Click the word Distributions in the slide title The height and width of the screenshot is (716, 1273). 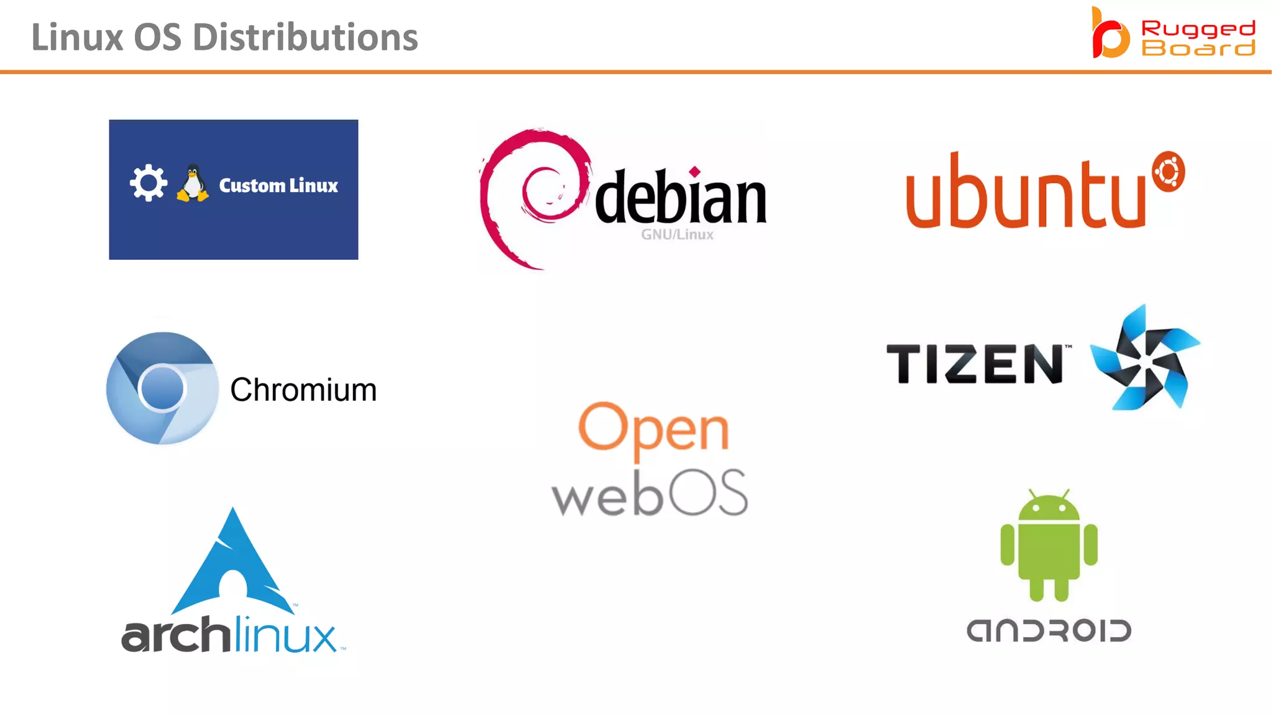(x=305, y=37)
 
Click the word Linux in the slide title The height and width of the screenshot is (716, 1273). (x=77, y=37)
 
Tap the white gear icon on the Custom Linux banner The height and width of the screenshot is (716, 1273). (x=148, y=183)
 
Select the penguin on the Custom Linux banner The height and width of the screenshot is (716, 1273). (x=193, y=183)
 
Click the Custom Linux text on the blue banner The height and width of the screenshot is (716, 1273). (x=278, y=185)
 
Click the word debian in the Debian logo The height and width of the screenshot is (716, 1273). (x=681, y=198)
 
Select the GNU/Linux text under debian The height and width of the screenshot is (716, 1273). (x=677, y=234)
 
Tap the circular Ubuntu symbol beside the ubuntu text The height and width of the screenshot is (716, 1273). (x=1168, y=172)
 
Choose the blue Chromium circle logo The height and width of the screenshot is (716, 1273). (x=162, y=388)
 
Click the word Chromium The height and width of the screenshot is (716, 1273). (x=303, y=390)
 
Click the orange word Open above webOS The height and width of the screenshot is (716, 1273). (x=653, y=429)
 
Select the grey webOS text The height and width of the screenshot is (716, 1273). (x=650, y=493)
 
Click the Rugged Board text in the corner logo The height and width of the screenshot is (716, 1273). (x=1198, y=38)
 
